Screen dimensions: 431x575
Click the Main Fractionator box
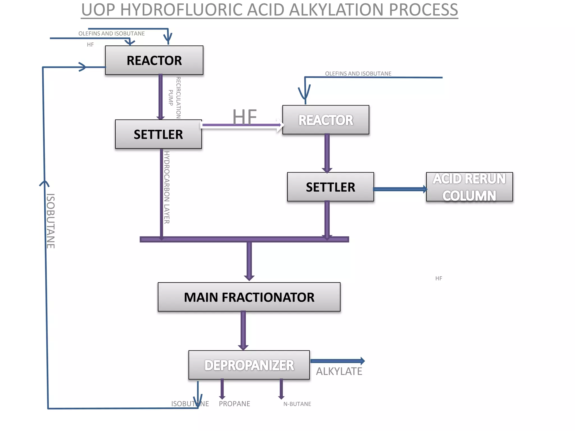click(249, 297)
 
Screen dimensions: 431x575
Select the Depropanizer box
click(249, 365)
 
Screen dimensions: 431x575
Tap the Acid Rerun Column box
click(469, 187)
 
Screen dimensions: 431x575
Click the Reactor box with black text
click(154, 60)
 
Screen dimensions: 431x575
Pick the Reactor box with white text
click(326, 120)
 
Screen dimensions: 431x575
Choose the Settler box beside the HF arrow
click(158, 134)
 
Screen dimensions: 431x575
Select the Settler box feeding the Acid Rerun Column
click(330, 187)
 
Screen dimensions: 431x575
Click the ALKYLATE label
click(339, 371)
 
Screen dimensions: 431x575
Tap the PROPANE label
click(234, 404)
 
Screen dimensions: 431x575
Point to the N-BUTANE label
click(297, 404)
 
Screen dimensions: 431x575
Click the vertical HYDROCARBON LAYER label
click(167, 187)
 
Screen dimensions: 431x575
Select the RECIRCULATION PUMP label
click(175, 97)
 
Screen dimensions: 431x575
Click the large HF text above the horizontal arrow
click(245, 116)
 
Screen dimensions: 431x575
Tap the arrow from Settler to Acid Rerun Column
click(400, 189)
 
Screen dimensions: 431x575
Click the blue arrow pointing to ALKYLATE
click(337, 361)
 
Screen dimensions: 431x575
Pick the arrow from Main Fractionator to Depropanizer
click(243, 331)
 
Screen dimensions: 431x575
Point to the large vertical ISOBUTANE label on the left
click(51, 221)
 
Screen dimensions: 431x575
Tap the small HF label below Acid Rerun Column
click(439, 278)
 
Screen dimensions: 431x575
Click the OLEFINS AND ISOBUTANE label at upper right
click(358, 74)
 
